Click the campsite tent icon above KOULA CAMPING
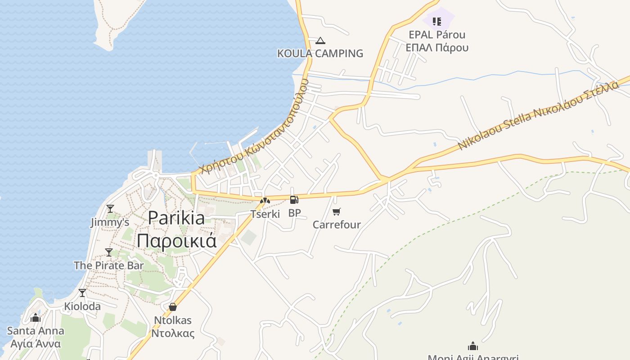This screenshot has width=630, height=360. pos(320,41)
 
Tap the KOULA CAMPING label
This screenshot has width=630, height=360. pos(320,53)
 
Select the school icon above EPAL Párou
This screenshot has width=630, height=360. pos(436,21)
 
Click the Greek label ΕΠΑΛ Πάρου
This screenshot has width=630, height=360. pos(437,47)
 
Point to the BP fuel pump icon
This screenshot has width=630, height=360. pos(294,200)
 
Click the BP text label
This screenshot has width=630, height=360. pos(294,213)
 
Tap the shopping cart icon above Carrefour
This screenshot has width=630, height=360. pos(336,211)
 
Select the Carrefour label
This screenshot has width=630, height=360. pos(337,224)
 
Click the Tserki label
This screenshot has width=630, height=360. pos(265,214)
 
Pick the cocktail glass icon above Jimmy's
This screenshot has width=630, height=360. pos(110,209)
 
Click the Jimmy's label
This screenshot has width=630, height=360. pos(110,222)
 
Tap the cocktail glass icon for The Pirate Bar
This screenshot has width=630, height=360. pos(108,252)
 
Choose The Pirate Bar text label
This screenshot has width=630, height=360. pos(108,265)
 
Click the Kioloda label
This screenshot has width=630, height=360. pos(82,306)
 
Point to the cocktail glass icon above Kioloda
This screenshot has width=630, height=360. pos(82,293)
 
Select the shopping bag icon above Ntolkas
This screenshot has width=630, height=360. pos(172,307)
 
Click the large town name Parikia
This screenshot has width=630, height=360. pos(176,218)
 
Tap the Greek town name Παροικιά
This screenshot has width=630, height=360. pos(176,240)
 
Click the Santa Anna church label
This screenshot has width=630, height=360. pos(36,331)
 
